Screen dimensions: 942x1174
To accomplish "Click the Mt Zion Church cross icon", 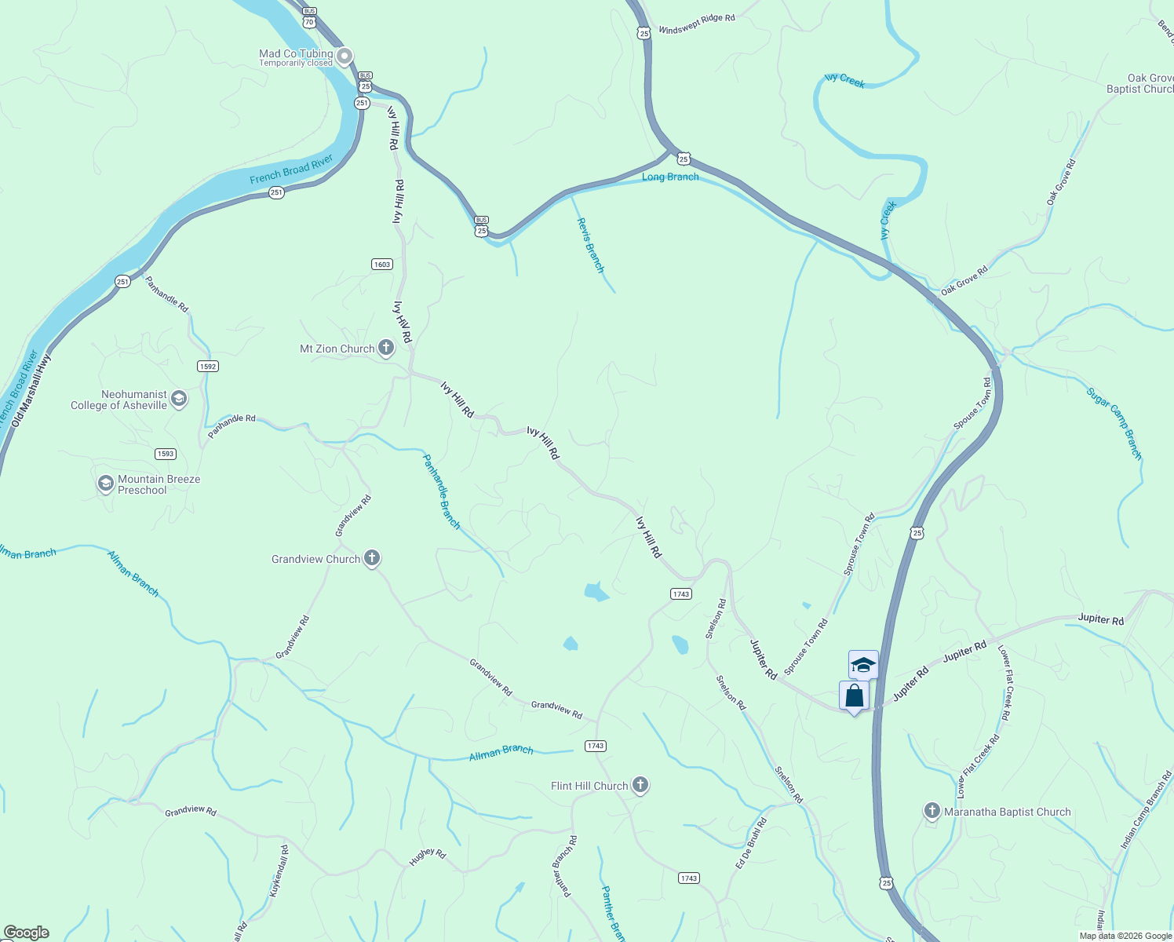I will [x=385, y=347].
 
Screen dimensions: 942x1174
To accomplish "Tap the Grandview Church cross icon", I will [x=372, y=559].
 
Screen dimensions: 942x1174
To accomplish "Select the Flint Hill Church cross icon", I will [x=640, y=785].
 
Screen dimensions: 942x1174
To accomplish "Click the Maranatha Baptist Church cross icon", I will [x=932, y=811].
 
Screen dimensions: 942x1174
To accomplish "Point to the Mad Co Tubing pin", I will [x=345, y=57].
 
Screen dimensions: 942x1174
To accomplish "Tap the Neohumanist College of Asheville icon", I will [x=179, y=399].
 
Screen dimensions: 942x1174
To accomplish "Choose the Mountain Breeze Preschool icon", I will [x=106, y=484].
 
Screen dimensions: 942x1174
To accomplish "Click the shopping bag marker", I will [x=854, y=696].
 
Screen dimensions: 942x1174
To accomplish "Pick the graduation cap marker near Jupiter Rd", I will [x=863, y=665].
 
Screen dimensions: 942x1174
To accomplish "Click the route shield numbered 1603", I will [x=382, y=265].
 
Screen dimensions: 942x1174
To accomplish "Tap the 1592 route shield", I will [x=208, y=367].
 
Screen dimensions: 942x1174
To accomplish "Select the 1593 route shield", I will [x=166, y=454].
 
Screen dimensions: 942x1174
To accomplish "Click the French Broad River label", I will [x=291, y=170].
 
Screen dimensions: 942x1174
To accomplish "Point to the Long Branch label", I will [x=670, y=177].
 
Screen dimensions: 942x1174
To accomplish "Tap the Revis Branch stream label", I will [x=591, y=245].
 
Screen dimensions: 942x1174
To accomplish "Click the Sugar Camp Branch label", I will [x=1114, y=422].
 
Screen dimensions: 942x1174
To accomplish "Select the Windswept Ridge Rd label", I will [x=697, y=24].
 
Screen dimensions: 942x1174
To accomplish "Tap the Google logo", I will [x=26, y=933].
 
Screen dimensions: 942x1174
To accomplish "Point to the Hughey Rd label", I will [x=428, y=856].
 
